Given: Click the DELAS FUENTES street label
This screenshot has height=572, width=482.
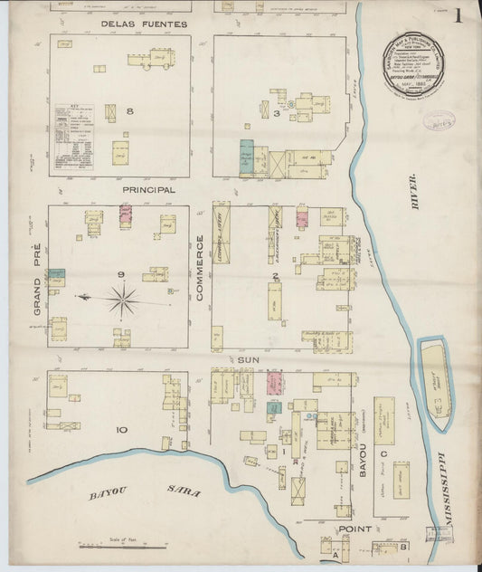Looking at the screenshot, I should point(144,24).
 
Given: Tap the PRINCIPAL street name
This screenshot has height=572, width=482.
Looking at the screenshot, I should point(149,190).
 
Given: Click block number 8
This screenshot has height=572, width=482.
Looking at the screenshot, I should point(130,111).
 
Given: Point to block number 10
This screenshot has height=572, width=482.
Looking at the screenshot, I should point(121,430).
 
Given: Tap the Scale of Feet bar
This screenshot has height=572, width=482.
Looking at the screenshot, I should point(123,546).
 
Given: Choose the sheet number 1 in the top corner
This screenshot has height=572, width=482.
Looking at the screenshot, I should point(459,15).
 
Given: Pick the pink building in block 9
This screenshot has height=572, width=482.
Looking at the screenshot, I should point(125,214).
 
